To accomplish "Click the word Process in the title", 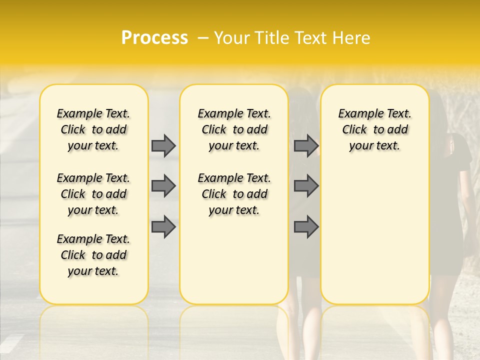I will click(x=154, y=38).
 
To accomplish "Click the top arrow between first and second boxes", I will click(x=163, y=145).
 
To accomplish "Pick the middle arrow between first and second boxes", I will click(x=163, y=186).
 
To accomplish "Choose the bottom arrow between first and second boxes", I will click(x=163, y=226).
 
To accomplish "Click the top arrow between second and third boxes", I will click(x=306, y=145).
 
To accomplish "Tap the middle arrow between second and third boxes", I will click(x=306, y=186).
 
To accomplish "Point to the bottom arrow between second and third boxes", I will click(x=306, y=226).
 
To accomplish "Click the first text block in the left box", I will click(x=93, y=129).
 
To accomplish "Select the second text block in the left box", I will click(x=93, y=194).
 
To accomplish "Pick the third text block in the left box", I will click(x=93, y=255).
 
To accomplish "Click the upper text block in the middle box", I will click(x=234, y=129).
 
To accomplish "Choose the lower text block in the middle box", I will click(x=234, y=194).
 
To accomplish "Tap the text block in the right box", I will click(x=374, y=129).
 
